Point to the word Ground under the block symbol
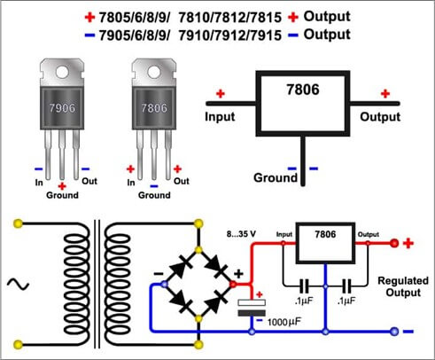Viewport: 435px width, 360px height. [276, 177]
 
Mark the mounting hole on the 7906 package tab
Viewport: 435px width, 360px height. [61, 69]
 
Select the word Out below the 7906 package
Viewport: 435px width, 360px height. [90, 182]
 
